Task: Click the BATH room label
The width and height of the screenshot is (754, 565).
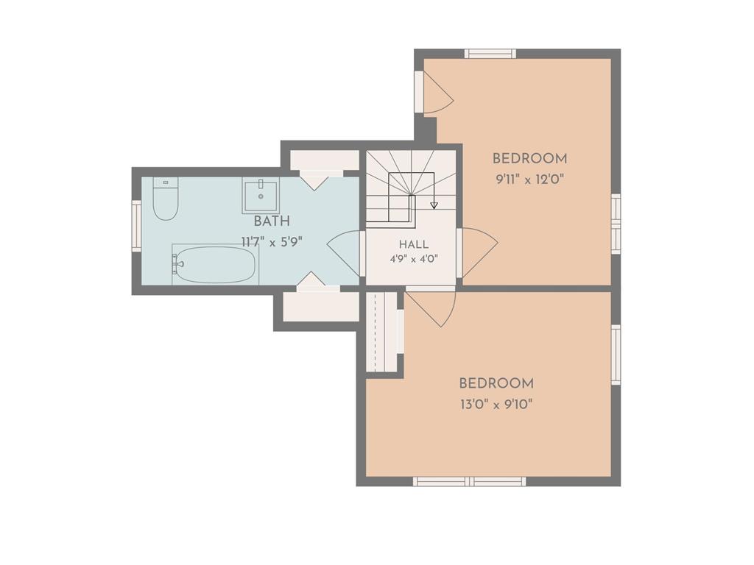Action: pos(272,221)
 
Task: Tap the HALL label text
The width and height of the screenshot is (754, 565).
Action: pos(414,244)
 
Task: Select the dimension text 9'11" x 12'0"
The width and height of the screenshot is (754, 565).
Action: pos(529,180)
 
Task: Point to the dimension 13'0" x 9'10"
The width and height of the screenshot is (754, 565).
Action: pos(496,405)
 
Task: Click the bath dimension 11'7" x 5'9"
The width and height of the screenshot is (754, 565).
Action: pos(272,241)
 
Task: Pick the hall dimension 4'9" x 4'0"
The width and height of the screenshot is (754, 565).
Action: pos(414,260)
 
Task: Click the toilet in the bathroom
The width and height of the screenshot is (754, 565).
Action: pos(166,199)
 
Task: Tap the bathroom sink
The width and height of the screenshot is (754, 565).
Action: pos(260,196)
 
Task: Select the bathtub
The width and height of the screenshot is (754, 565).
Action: pos(215,264)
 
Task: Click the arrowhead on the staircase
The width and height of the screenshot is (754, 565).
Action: pos(434,205)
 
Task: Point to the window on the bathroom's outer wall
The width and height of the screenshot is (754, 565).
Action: pos(136,226)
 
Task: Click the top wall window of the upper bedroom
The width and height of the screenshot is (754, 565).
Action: pos(490,53)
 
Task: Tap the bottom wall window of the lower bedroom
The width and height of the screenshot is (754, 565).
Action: pos(469,481)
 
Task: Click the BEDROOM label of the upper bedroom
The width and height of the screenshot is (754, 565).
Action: pos(529,159)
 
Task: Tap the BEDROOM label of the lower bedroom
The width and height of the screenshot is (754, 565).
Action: pos(496,383)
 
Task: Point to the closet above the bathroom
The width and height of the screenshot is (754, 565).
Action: pos(325,160)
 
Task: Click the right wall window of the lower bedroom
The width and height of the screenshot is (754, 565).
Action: pos(616,355)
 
